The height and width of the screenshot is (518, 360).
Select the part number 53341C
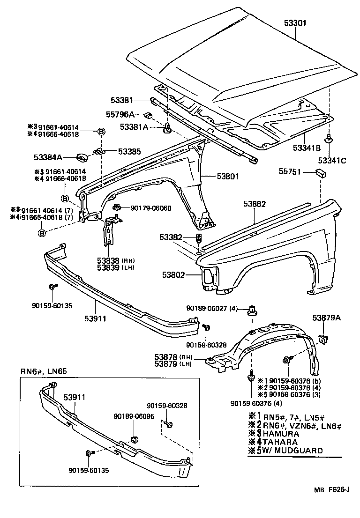pos(332,161)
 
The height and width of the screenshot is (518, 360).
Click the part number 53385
pos(129,151)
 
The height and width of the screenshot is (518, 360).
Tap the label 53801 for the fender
pos(228,177)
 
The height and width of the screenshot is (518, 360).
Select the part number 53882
pos(255,204)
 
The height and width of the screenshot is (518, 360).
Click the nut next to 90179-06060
pos(117,207)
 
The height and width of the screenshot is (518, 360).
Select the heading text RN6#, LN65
pos(44,371)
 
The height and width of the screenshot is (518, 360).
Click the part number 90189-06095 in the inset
pos(134,416)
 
